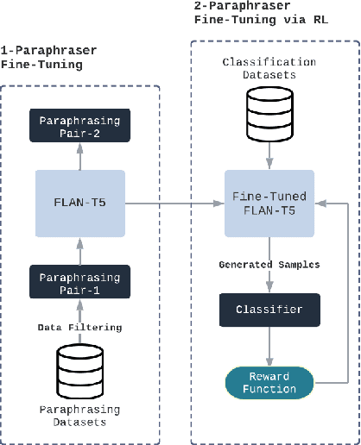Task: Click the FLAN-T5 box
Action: pos(79,204)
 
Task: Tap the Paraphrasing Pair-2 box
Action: pos(79,127)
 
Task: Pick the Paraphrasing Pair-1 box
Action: pos(79,282)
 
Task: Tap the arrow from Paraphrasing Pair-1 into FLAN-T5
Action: pos(79,252)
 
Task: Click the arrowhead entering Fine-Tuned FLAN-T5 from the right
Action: pos(322,204)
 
